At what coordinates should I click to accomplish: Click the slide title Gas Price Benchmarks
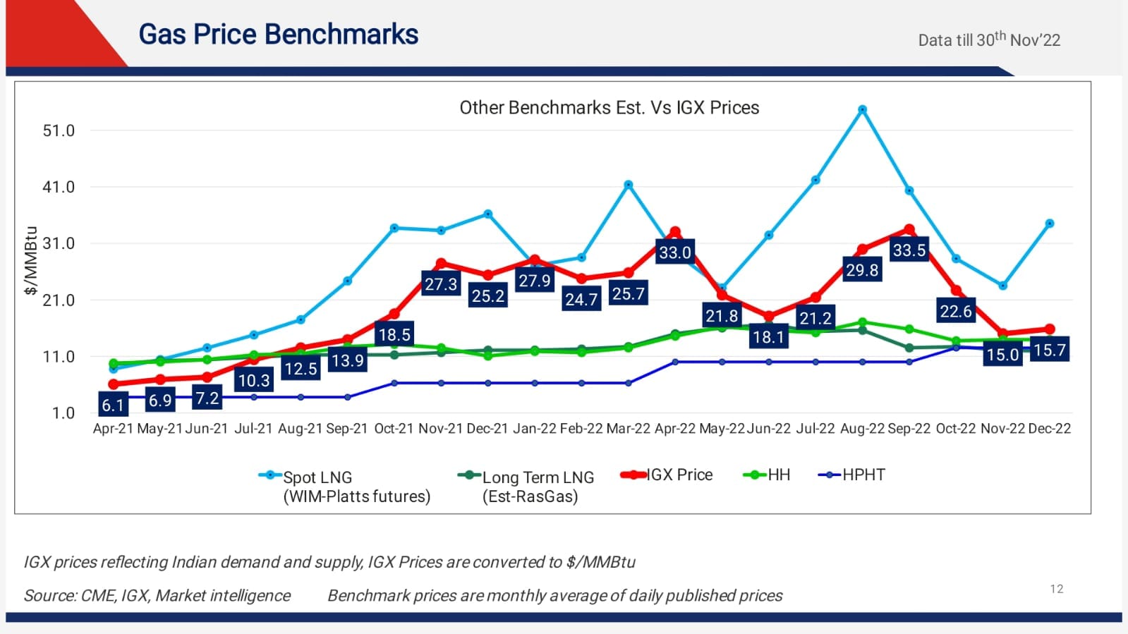(278, 35)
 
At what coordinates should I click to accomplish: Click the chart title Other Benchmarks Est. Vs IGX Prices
(609, 108)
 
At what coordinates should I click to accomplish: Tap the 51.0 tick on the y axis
(59, 130)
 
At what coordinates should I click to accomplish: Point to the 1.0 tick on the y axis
(63, 413)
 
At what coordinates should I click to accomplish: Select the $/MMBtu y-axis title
(30, 260)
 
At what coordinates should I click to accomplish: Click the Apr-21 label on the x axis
(113, 429)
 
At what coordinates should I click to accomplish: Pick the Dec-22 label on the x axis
(1049, 429)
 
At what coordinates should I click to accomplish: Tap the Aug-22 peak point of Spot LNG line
(862, 110)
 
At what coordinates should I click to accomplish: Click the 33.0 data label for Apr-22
(674, 252)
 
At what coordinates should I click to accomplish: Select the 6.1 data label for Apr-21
(113, 406)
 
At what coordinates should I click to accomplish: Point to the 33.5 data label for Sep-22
(909, 250)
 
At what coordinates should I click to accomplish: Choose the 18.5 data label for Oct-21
(394, 335)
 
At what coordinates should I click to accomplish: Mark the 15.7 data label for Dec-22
(1049, 350)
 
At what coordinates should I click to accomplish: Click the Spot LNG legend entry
(317, 477)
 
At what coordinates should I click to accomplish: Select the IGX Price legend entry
(679, 475)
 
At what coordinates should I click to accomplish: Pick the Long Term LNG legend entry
(538, 477)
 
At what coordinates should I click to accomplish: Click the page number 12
(1056, 589)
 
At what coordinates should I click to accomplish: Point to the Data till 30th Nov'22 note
(989, 39)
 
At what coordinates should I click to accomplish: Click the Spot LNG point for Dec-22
(1050, 224)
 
